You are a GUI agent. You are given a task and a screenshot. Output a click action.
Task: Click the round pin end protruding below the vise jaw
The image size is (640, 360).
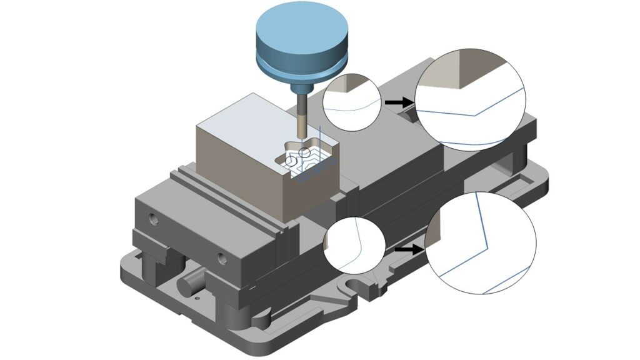(x=187, y=286)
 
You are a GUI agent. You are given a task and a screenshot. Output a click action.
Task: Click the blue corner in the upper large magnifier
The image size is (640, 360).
(x=474, y=115)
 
